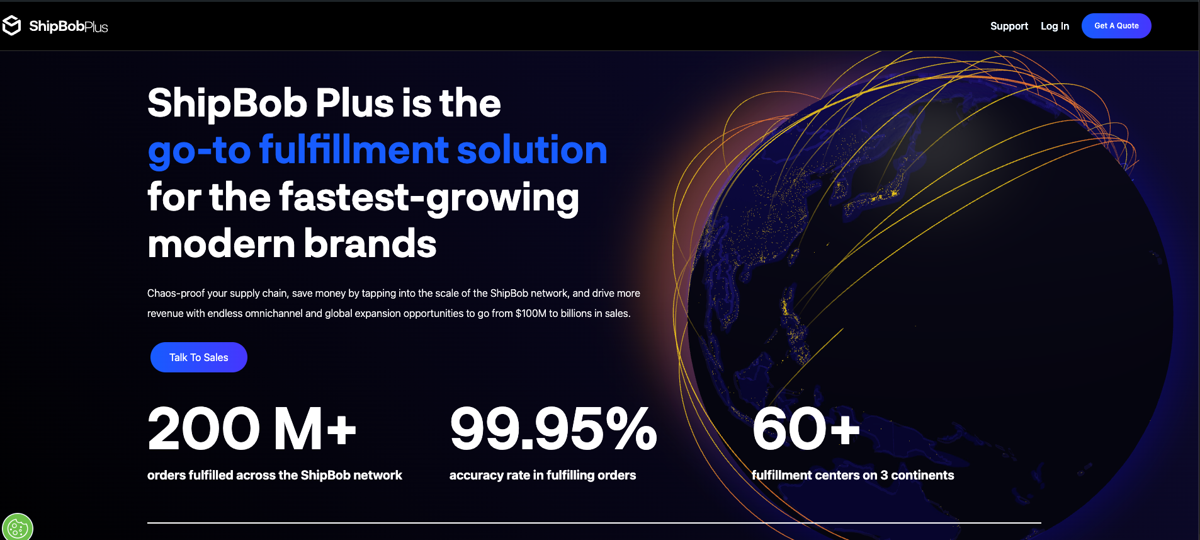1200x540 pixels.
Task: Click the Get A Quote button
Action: (x=1116, y=26)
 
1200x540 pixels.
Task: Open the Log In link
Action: (x=1055, y=26)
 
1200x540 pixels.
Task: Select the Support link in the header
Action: (x=1009, y=26)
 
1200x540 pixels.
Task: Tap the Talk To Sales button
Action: (x=199, y=357)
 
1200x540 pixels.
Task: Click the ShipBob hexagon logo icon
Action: (x=12, y=25)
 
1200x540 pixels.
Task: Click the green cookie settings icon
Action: (x=17, y=528)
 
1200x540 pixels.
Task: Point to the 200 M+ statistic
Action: (x=252, y=429)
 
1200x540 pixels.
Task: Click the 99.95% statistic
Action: (x=553, y=429)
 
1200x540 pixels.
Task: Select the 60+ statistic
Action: (x=805, y=429)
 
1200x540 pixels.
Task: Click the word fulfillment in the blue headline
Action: (x=354, y=150)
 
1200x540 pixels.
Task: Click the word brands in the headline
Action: (x=370, y=244)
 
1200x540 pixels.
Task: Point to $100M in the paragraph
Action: (x=531, y=313)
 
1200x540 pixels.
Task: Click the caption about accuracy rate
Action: (x=543, y=475)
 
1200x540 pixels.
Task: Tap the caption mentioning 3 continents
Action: (x=852, y=475)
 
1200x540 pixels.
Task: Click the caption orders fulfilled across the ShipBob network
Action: (x=275, y=475)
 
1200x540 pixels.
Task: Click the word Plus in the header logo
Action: (x=96, y=27)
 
